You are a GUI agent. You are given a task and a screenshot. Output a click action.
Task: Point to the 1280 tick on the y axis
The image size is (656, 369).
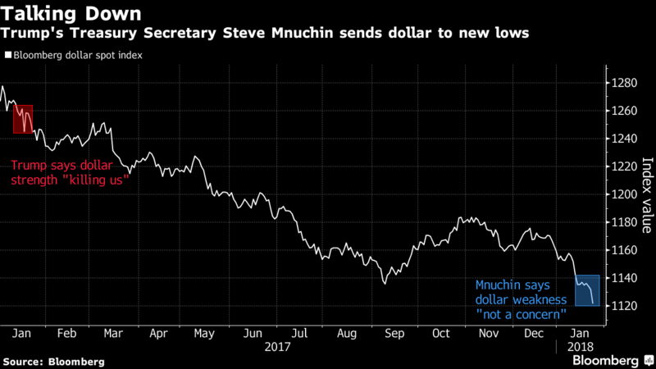[x=622, y=83]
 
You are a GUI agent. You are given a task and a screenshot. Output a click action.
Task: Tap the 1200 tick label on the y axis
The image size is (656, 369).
[x=622, y=194]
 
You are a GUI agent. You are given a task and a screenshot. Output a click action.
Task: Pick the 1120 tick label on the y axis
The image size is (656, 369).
[x=622, y=306]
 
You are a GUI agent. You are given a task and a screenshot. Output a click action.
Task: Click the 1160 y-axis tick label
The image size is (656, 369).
[x=622, y=250]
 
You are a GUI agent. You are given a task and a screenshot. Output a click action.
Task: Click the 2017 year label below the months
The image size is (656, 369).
[x=280, y=348]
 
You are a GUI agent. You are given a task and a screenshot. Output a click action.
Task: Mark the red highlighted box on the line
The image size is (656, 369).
[x=22, y=119]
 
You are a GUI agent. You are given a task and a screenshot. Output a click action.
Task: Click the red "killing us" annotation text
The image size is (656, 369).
[x=71, y=171]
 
